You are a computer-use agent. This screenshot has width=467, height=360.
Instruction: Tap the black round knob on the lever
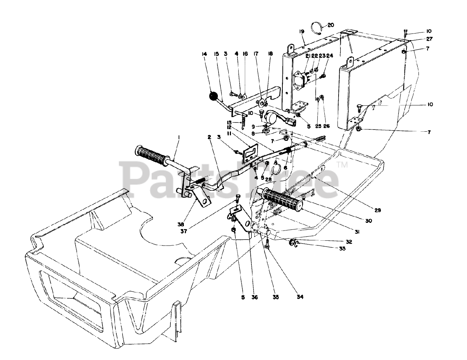(x=212, y=97)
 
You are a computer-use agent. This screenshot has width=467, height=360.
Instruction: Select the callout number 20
(x=331, y=25)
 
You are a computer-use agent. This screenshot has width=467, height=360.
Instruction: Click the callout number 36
(x=255, y=297)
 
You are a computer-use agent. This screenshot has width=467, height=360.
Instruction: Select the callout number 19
(x=302, y=32)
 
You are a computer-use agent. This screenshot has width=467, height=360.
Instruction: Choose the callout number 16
(x=245, y=54)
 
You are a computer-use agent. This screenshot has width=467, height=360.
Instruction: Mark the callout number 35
(x=276, y=297)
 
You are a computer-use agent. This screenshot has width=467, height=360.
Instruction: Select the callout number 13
(x=229, y=122)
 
